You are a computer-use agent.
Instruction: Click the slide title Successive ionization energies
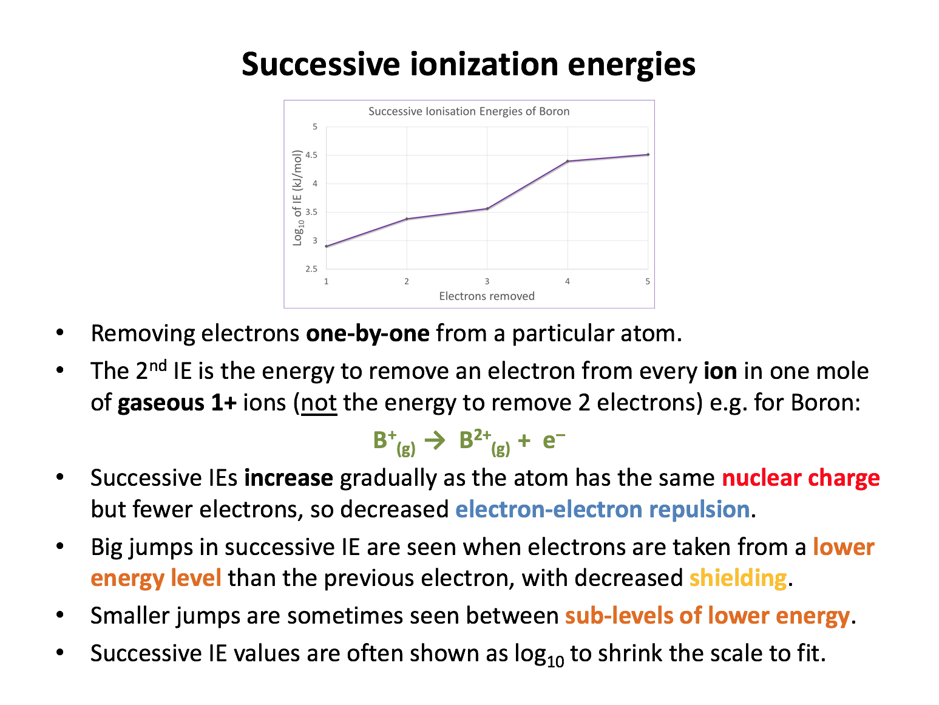click(x=468, y=64)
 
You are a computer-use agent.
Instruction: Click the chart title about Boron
click(x=469, y=111)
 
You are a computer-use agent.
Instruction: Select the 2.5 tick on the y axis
click(x=311, y=269)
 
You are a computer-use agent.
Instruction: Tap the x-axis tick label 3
click(x=487, y=282)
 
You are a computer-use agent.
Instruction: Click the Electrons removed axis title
click(x=486, y=296)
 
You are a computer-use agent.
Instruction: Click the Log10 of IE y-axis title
click(x=298, y=197)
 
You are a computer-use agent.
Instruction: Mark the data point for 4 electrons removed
click(x=568, y=161)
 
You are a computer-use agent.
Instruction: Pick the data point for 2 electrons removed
click(x=407, y=219)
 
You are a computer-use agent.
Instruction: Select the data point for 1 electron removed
click(x=327, y=246)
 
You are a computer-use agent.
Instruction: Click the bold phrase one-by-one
click(x=368, y=333)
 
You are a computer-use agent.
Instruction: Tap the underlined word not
click(x=319, y=403)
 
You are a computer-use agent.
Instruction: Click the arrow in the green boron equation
click(x=435, y=440)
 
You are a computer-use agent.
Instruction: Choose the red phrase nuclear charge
click(x=801, y=478)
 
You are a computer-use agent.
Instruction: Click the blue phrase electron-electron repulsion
click(x=602, y=509)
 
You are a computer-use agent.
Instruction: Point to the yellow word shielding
click(x=738, y=578)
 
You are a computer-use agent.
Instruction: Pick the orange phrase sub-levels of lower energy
click(x=707, y=616)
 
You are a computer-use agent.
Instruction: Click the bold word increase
click(x=288, y=478)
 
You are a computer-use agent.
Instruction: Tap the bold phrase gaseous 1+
click(x=177, y=403)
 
